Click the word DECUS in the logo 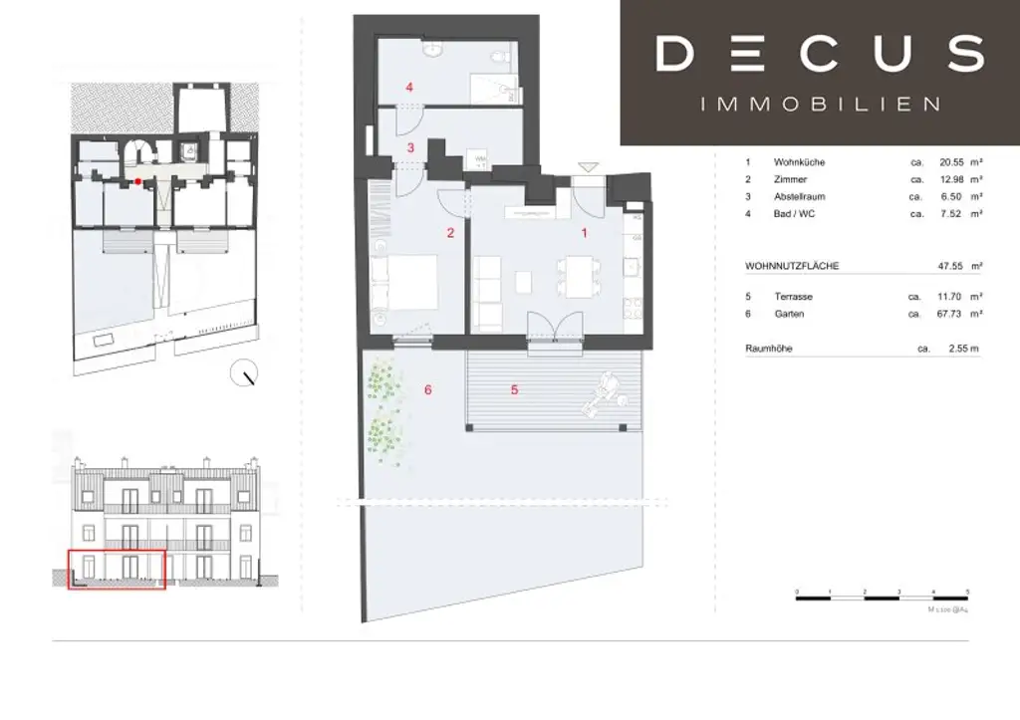[820, 54]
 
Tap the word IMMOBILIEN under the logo [821, 104]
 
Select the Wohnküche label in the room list [799, 162]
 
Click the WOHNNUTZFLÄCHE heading [791, 267]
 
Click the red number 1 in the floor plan [585, 232]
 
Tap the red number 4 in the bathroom [408, 87]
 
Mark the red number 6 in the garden [427, 389]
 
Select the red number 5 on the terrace [514, 389]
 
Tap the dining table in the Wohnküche [576, 276]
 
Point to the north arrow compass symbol [243, 374]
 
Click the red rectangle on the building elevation [116, 570]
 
